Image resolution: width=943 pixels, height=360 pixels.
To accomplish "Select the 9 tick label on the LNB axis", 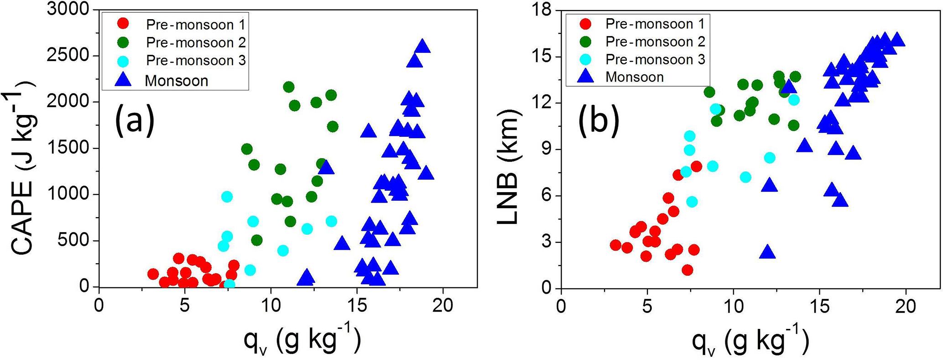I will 547,149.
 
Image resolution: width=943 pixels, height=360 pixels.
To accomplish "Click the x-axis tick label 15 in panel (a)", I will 357,305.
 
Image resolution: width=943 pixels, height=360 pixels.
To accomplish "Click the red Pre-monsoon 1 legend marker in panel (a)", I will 123,24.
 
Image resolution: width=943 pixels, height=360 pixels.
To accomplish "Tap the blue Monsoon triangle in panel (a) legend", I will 123,80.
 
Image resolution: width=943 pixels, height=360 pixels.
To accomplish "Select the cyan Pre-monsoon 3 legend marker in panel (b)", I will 586,59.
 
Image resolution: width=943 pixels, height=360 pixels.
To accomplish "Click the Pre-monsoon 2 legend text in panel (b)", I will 655,42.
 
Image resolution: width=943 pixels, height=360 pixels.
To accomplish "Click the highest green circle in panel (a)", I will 288,87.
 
